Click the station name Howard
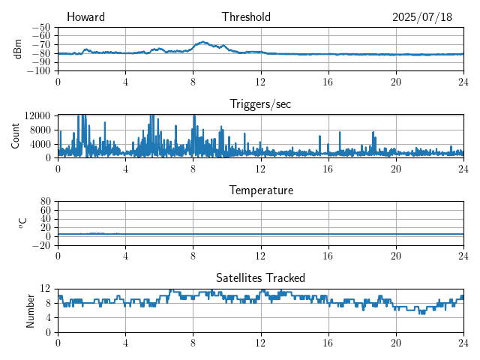(x=85, y=17)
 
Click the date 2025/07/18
(x=422, y=17)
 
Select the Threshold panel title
(x=246, y=17)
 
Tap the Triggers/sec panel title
(x=260, y=104)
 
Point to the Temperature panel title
(x=261, y=190)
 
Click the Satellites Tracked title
(x=260, y=277)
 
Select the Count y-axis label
(x=16, y=136)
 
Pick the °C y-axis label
(x=22, y=223)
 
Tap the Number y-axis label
(x=30, y=310)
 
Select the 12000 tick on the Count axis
(x=37, y=115)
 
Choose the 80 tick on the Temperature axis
(x=46, y=202)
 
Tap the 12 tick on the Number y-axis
(x=46, y=289)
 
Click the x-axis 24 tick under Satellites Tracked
(x=463, y=343)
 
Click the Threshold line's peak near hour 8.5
(x=202, y=42)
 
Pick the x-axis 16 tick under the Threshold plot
(x=328, y=82)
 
